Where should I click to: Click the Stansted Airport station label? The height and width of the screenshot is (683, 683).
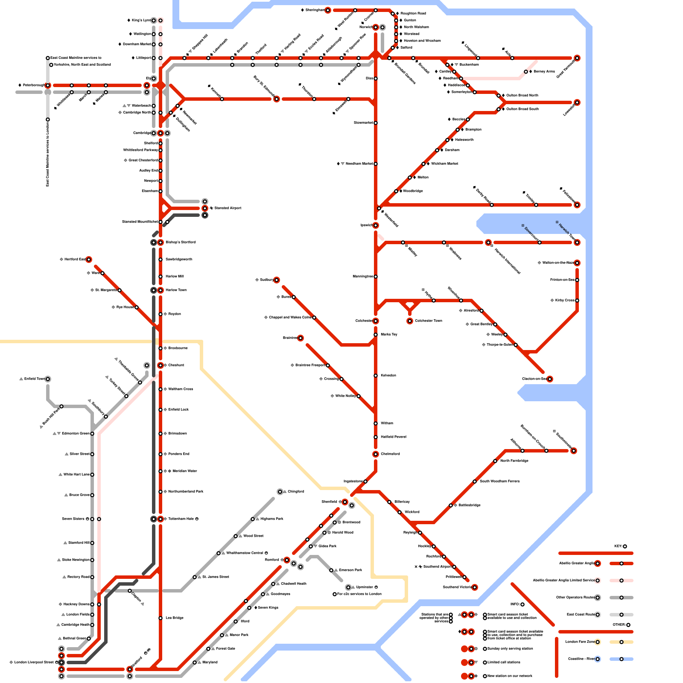pos(228,208)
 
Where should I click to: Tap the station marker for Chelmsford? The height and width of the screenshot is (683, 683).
pos(376,454)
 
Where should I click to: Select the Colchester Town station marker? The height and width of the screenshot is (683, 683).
pos(410,321)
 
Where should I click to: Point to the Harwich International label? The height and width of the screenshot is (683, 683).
pos(507,261)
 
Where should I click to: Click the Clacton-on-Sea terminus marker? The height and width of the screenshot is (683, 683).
pos(550,379)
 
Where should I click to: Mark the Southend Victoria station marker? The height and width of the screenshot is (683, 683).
pos(475,587)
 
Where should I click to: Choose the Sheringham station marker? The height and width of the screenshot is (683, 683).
pos(328,10)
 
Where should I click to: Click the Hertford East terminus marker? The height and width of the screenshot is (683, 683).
pos(89,260)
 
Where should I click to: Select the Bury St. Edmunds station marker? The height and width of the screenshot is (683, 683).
pos(277,99)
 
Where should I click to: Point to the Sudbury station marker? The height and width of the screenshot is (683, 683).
pos(277,280)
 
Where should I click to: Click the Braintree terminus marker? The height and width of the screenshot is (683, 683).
pos(301,338)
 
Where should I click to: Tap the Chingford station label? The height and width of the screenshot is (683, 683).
pos(295,492)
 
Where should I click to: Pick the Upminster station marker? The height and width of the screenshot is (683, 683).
pos(348,587)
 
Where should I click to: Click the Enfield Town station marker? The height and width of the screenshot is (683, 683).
pos(48,379)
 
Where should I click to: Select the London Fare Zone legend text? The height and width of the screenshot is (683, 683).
pos(580,642)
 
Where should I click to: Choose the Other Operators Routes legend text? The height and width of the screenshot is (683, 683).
pos(575,598)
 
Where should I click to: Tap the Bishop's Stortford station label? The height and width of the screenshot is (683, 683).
pos(181,242)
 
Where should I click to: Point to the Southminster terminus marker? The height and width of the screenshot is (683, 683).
pos(574,451)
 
